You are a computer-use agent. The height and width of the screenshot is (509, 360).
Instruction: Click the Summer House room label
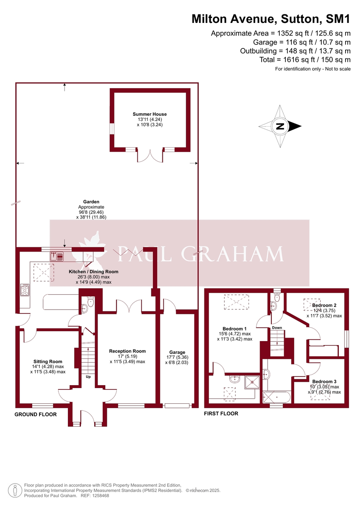coord(149,114)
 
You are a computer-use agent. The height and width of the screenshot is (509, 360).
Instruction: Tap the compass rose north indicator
coord(280,126)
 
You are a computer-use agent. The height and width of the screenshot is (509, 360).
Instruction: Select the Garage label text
coord(177,352)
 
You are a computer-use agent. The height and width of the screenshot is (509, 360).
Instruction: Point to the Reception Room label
coord(127,351)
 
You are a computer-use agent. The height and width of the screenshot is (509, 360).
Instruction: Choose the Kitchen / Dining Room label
coord(94,271)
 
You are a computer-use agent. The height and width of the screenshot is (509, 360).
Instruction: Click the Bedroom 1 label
coord(234,329)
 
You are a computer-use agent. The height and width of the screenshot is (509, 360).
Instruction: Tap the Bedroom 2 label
coord(324,305)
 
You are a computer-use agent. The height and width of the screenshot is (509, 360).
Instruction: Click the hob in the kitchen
coord(24,291)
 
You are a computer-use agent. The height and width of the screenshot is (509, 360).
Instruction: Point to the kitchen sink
coord(56,255)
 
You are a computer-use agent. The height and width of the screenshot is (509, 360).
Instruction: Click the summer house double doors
coord(149,156)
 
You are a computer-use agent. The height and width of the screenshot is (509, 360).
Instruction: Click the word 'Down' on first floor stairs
coord(277,327)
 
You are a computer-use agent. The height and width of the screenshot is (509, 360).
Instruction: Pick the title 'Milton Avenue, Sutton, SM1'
coord(271,19)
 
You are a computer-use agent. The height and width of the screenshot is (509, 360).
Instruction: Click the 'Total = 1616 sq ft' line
coord(305,60)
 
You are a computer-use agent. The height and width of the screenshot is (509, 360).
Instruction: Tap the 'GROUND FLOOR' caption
coord(36,414)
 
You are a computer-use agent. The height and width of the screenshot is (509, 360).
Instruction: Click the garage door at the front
coord(177,406)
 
